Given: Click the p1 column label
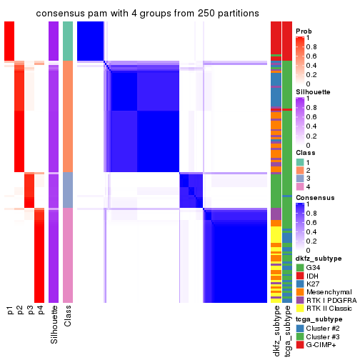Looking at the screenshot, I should (10, 311).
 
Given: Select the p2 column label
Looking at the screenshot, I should (20, 311).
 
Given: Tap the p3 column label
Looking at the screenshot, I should (30, 311).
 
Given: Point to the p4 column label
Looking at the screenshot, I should (40, 311).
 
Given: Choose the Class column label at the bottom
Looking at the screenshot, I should (68, 317).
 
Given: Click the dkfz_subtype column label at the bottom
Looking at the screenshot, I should (276, 332).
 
